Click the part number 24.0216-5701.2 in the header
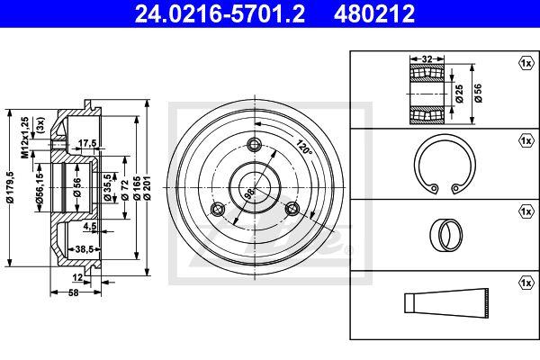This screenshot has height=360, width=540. point(220,13)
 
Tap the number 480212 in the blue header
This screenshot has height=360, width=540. point(374,13)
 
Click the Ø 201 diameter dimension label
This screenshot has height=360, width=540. point(148,187)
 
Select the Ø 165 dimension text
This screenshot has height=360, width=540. point(137,188)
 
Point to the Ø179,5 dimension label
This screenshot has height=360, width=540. point(10,187)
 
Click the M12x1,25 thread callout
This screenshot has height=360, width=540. point(25,138)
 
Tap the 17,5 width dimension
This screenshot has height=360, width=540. point(87,143)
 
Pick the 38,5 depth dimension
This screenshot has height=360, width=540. point(85,248)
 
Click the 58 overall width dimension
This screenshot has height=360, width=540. point(74,292)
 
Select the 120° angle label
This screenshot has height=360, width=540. point(304,147)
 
